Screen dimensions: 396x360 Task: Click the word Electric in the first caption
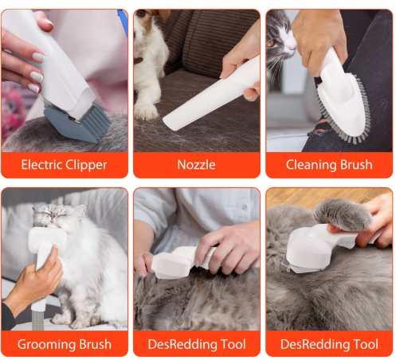pos(41,165)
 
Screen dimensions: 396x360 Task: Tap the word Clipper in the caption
pos(86,166)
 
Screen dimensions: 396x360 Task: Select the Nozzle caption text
pos(196,165)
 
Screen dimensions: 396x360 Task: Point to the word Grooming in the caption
pos(47,345)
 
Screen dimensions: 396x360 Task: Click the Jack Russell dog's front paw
pos(147,112)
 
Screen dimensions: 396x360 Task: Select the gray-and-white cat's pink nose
pos(293,46)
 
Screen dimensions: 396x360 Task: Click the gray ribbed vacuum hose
pos(39,320)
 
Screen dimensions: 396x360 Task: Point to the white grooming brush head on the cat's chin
pos(47,241)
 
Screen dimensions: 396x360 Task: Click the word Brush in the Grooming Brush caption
pos(95,344)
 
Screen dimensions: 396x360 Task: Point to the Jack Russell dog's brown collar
pos(138,61)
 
